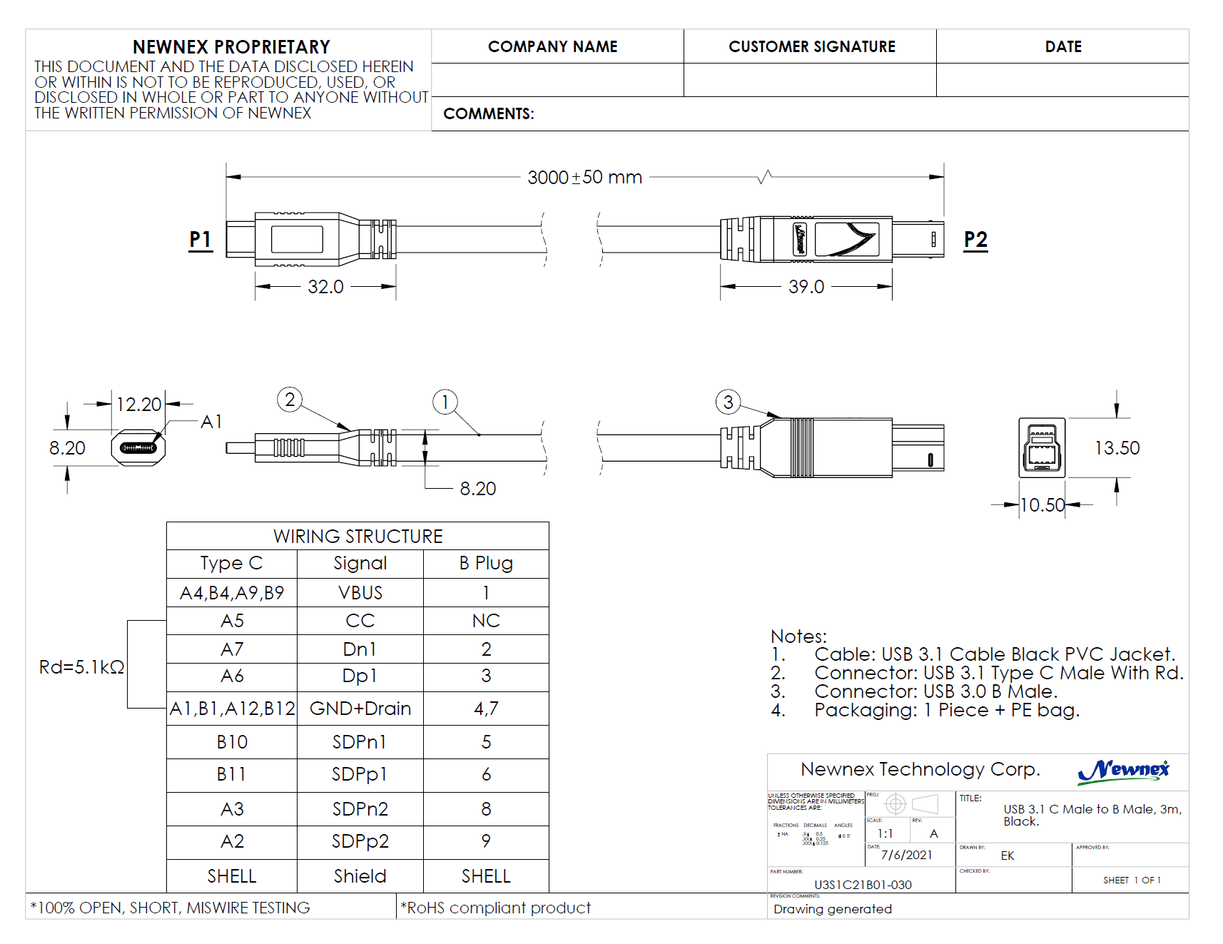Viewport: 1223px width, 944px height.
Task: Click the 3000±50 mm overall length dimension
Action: (584, 177)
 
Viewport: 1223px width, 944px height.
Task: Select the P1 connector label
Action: (201, 240)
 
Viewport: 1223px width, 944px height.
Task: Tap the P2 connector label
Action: (975, 240)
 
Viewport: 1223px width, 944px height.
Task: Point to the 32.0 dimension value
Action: (325, 287)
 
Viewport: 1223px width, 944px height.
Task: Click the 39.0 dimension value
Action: (806, 287)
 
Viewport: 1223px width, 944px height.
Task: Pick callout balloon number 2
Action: (290, 400)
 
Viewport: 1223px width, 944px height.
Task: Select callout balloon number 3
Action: (728, 402)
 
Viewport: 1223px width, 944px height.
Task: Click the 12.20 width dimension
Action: (138, 405)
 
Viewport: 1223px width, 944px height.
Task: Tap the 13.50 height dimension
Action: (1117, 448)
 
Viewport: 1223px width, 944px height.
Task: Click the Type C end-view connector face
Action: (138, 448)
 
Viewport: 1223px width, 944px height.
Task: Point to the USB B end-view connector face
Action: (1042, 448)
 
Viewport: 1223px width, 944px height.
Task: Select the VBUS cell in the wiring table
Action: (360, 593)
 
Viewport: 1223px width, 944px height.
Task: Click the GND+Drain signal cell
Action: (360, 709)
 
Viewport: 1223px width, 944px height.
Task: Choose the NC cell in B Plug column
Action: (486, 621)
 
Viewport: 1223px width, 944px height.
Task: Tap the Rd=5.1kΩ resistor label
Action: (81, 667)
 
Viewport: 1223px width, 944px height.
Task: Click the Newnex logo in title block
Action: (1123, 771)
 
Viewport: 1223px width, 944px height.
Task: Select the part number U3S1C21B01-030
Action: (863, 885)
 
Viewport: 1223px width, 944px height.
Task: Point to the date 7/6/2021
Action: (906, 855)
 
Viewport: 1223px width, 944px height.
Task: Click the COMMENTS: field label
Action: (488, 114)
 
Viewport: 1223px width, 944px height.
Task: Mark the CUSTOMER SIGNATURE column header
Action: (811, 46)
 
